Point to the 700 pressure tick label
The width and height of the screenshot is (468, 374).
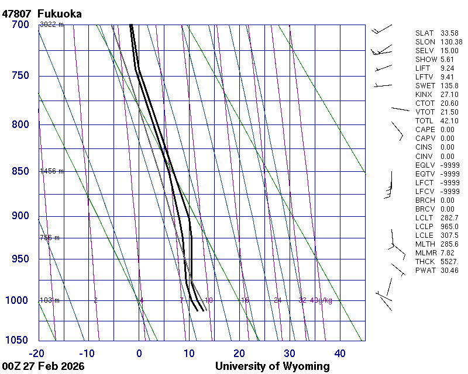click(x=20, y=25)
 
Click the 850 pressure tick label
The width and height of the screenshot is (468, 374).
click(x=20, y=171)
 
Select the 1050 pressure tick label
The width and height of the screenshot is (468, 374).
click(x=17, y=341)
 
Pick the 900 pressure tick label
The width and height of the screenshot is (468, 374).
click(x=20, y=216)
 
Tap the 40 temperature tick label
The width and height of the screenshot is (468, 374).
click(x=340, y=353)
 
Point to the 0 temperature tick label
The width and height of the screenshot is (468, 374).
click(x=139, y=353)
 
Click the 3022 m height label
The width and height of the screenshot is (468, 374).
click(x=51, y=25)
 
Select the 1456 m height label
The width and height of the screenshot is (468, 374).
click(x=51, y=171)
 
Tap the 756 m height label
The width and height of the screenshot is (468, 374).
click(x=50, y=238)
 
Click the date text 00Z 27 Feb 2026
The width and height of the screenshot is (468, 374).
click(x=43, y=366)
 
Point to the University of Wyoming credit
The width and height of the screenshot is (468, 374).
click(x=272, y=366)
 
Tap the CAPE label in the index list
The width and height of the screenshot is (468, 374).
click(x=425, y=130)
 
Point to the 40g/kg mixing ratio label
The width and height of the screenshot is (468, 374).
click(x=322, y=300)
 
